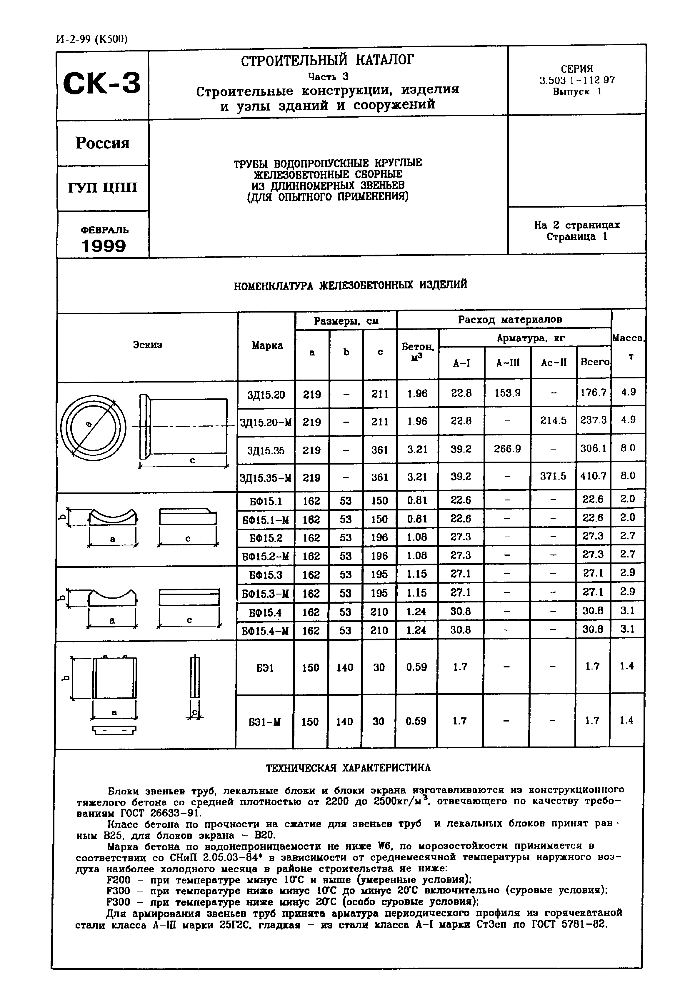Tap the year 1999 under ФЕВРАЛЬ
(x=104, y=246)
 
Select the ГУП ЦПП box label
(x=102, y=188)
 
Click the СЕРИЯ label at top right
(x=576, y=69)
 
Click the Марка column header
(x=267, y=345)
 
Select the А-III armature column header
(x=508, y=363)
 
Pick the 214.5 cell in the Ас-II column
(x=553, y=421)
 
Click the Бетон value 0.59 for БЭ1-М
(x=416, y=721)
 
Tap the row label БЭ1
(x=265, y=667)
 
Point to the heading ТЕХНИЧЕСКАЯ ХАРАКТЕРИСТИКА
(x=348, y=768)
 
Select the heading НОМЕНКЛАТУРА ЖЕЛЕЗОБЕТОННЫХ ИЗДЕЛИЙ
(x=351, y=285)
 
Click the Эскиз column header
(x=147, y=345)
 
